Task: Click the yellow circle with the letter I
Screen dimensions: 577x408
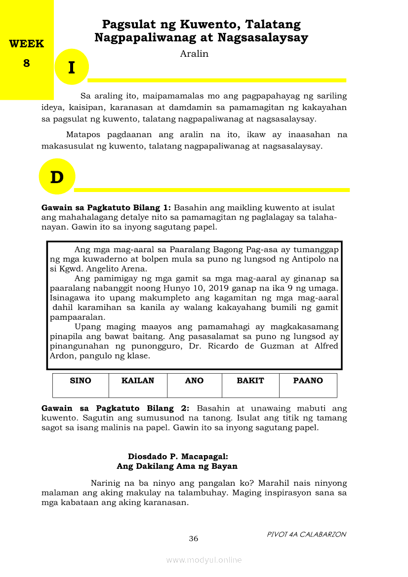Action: pyautogui.click(x=72, y=67)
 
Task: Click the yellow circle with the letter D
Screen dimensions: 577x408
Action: pyautogui.click(x=57, y=176)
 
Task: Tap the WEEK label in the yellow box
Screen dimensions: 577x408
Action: pyautogui.click(x=27, y=44)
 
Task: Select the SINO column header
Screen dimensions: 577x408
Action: pyautogui.click(x=81, y=381)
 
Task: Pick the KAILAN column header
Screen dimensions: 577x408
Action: pyautogui.click(x=138, y=381)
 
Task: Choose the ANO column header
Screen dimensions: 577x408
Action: pyautogui.click(x=194, y=381)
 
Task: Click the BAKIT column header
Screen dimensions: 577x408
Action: pyautogui.click(x=250, y=381)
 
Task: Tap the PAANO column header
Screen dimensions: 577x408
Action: pyautogui.click(x=308, y=381)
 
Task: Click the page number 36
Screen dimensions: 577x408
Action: pyautogui.click(x=194, y=539)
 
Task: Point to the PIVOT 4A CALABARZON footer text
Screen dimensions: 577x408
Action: pyautogui.click(x=306, y=534)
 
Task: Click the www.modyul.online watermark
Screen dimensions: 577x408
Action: pyautogui.click(x=204, y=560)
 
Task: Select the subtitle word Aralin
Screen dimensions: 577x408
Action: pyautogui.click(x=194, y=54)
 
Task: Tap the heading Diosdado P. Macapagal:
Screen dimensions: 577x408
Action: pyautogui.click(x=177, y=457)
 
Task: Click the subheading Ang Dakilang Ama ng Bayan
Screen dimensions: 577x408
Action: pyautogui.click(x=177, y=466)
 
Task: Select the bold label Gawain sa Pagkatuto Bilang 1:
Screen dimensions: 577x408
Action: pyautogui.click(x=106, y=208)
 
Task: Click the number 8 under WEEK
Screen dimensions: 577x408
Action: pyautogui.click(x=27, y=63)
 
